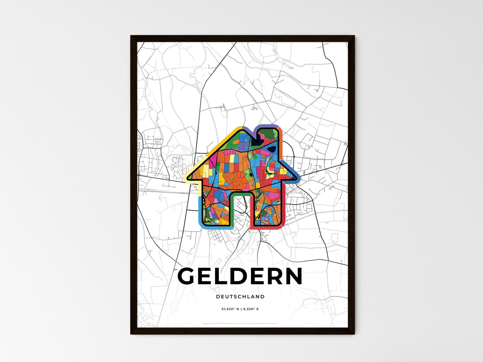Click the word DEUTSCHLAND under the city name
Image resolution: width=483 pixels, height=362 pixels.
point(240,297)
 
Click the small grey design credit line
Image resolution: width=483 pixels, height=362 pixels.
point(240,323)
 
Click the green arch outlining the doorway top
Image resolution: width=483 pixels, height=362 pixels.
point(240,193)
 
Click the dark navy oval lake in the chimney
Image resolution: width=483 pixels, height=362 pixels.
point(272,149)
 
